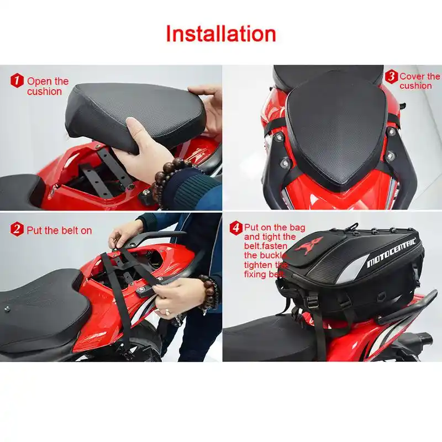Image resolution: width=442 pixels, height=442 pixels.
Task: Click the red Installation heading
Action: point(221,34)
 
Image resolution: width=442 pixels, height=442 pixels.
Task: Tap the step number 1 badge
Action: point(17,81)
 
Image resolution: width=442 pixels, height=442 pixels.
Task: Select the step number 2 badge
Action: point(17,229)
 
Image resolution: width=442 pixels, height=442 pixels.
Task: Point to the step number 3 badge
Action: point(391,76)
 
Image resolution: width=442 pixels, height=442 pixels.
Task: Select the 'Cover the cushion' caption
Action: point(419,81)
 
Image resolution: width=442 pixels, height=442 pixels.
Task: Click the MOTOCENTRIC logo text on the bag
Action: point(392,254)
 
